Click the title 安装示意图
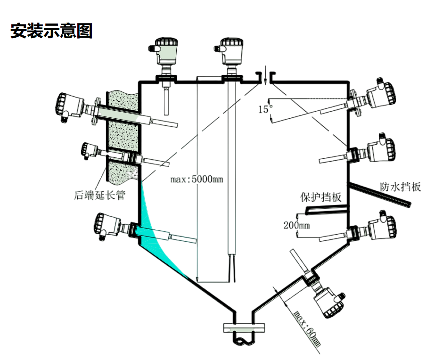[x=51, y=31]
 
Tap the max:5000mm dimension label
[x=197, y=179]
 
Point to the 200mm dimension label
[x=296, y=225]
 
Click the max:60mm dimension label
[x=307, y=328]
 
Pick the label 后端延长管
[x=99, y=195]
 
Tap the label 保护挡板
[x=321, y=197]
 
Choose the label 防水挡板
[x=400, y=187]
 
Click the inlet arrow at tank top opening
[x=265, y=75]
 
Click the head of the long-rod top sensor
[x=230, y=51]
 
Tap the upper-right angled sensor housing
[x=381, y=94]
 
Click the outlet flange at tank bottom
[x=244, y=327]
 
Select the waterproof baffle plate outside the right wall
[x=379, y=195]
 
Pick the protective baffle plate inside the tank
[x=326, y=210]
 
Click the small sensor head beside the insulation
[x=90, y=150]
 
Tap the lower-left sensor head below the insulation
[x=107, y=226]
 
